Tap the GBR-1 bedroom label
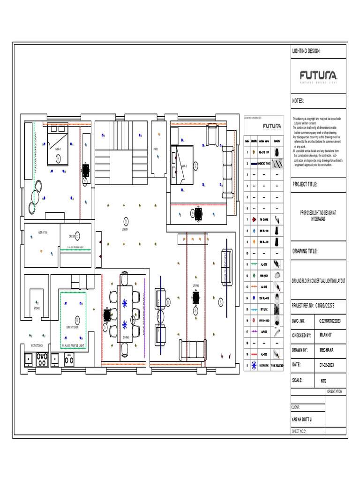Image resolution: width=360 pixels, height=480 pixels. pyautogui.click(x=58, y=149)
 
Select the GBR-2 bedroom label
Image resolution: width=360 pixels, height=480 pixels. pyautogui.click(x=184, y=166)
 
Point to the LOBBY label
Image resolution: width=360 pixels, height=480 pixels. pyautogui.click(x=125, y=229)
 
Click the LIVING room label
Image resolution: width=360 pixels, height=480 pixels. pyautogui.click(x=195, y=285)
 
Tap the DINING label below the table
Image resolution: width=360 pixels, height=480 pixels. pyautogui.click(x=126, y=337)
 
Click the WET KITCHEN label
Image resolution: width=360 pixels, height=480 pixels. pyautogui.click(x=37, y=345)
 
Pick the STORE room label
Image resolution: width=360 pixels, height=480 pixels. pyautogui.click(x=37, y=308)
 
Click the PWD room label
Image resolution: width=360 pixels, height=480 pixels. pyautogui.click(x=156, y=149)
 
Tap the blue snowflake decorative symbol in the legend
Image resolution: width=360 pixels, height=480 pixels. pyautogui.click(x=254, y=363)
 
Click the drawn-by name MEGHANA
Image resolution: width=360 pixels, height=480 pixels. pyautogui.click(x=328, y=350)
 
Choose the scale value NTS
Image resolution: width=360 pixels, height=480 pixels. pyautogui.click(x=323, y=380)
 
